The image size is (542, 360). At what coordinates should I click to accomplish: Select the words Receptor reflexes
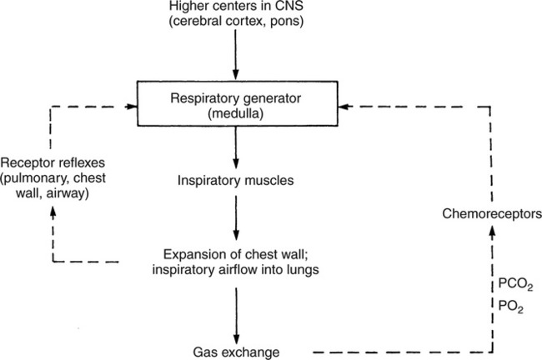coord(48,162)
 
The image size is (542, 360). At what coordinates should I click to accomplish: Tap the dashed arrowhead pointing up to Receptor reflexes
coord(52,212)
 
